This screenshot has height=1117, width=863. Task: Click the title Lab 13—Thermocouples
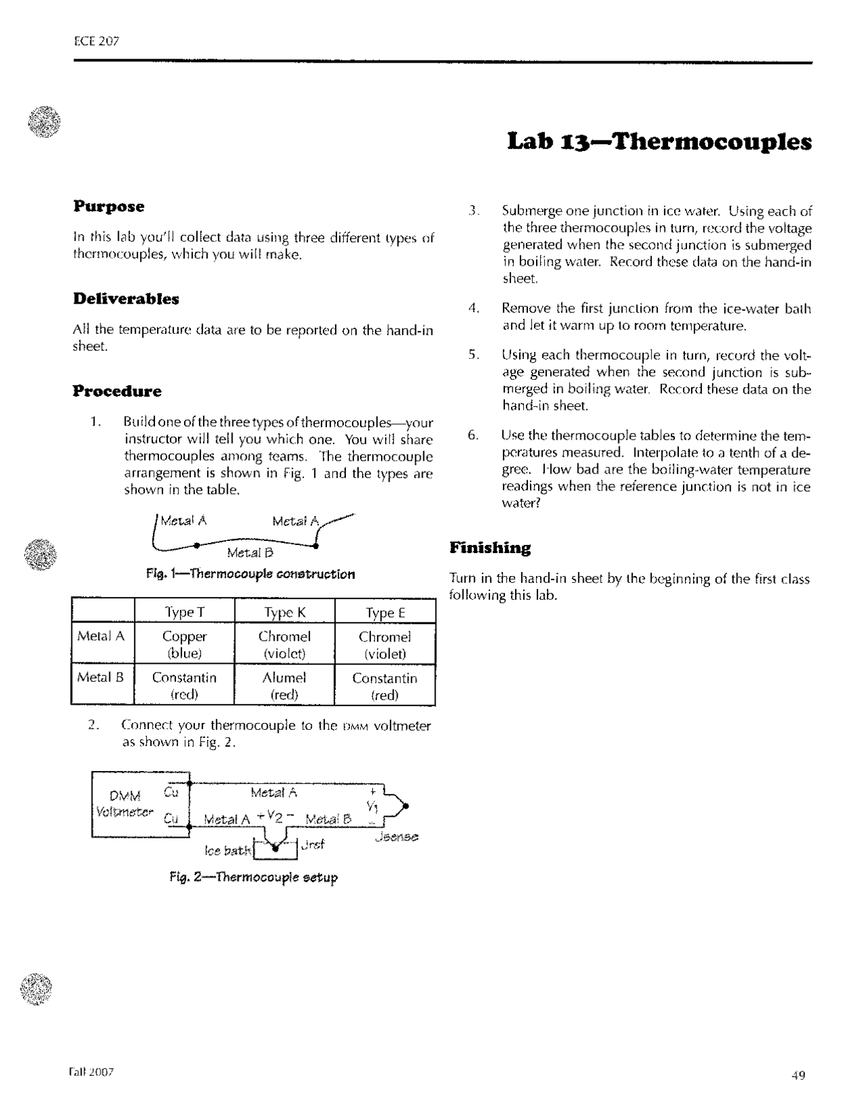[659, 142]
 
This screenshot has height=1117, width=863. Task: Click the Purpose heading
[109, 206]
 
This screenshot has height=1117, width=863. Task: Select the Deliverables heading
[126, 298]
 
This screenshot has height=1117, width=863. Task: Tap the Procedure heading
[117, 391]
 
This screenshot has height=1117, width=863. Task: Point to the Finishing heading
[489, 547]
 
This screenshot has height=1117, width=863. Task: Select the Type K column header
[285, 612]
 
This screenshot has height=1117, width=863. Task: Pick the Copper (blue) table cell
[185, 644]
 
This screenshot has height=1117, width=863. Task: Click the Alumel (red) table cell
[284, 685]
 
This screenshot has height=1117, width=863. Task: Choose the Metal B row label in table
[100, 677]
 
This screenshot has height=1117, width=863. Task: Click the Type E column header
[385, 612]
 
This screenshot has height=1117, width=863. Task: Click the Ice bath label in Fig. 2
[227, 851]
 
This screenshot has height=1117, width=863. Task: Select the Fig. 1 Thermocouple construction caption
[250, 574]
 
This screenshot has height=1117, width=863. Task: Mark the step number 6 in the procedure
[473, 435]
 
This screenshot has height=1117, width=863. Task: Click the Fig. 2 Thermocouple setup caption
[253, 877]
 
